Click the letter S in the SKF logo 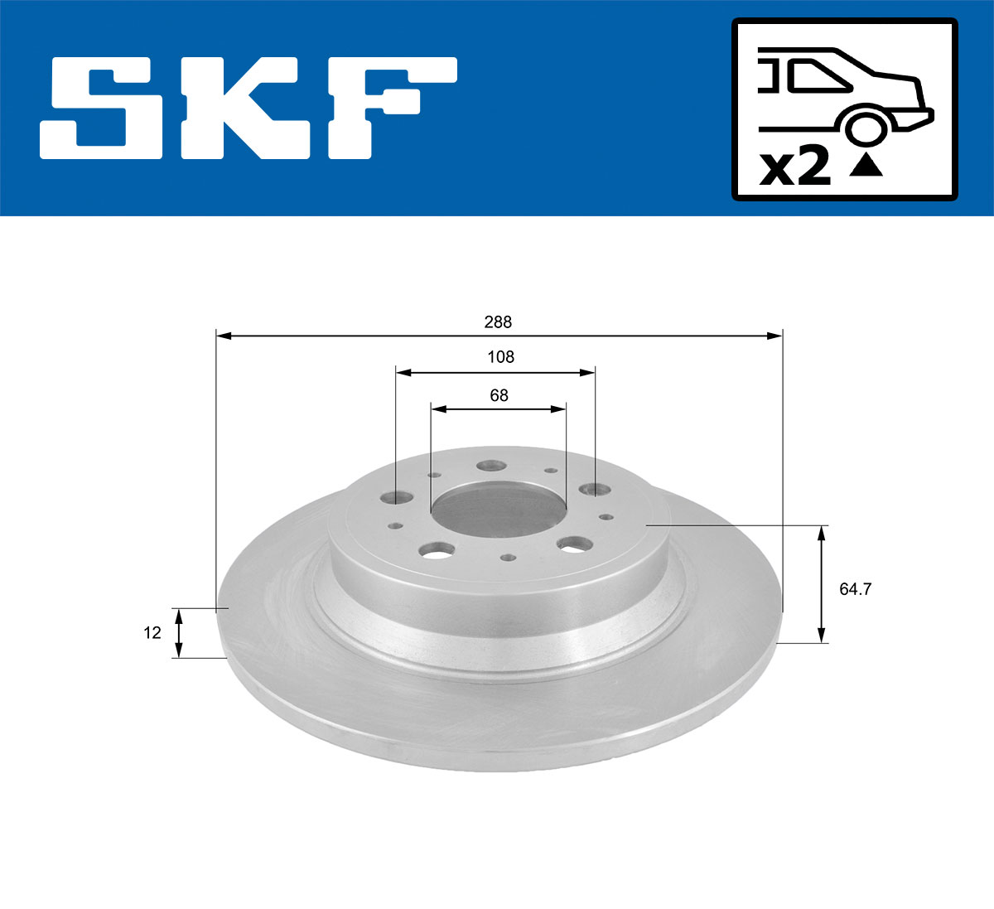coord(101,108)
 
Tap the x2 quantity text coord(795,168)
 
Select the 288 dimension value coord(498,322)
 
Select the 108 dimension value coord(500,357)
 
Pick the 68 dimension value coord(499,395)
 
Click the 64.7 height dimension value coord(855,589)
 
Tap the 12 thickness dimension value coord(152,633)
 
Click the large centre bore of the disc coord(498,510)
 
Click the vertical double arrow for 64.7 coord(821,583)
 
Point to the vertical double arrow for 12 coord(178,633)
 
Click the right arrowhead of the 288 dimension coord(774,336)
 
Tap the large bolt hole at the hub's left coord(398,498)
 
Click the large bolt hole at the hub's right coord(593,489)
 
